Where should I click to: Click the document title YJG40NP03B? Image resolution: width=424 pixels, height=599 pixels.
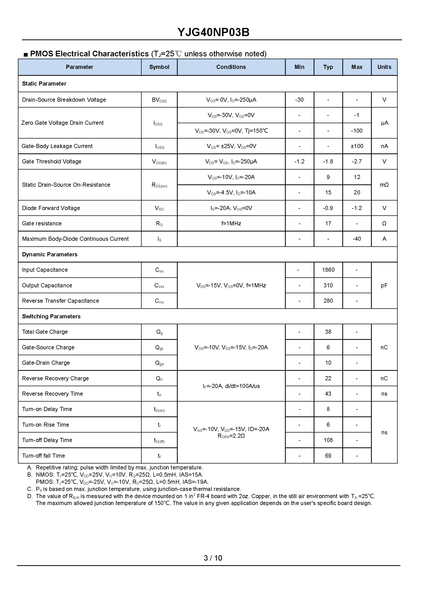coord(213,32)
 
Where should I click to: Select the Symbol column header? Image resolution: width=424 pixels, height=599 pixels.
coord(159,67)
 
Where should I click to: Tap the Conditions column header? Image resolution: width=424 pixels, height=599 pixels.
coord(231,67)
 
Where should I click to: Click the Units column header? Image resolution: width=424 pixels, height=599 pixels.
coord(384,67)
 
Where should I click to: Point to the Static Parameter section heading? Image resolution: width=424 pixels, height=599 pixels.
coord(44,83)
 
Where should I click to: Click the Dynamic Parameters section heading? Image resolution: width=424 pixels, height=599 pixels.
coord(50,254)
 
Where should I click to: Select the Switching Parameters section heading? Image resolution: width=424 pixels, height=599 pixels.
coord(51,316)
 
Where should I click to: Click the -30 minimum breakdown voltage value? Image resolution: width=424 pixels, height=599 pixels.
coord(299,100)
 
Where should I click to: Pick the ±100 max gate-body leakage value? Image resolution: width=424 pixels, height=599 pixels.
coord(357,146)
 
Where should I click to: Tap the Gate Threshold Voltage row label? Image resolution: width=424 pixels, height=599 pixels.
coord(52,161)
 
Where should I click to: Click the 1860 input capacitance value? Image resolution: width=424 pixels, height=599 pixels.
coord(328,270)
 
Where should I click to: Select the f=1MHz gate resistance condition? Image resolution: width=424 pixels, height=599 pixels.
coord(231,223)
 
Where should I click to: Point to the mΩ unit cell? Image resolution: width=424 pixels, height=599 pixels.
coord(384,185)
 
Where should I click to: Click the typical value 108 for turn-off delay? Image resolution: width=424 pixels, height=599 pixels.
coord(328,440)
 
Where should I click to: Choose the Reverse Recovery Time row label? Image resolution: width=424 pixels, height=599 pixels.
coord(52,394)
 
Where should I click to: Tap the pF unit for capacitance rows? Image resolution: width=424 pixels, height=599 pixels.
coord(384,285)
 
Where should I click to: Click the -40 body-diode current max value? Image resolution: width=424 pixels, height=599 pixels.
coord(357,239)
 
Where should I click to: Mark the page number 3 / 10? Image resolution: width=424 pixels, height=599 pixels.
coord(213,558)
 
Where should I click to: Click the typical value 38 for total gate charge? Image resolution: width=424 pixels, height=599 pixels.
coord(328,332)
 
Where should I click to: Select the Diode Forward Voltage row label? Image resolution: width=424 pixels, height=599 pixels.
coord(51,208)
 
